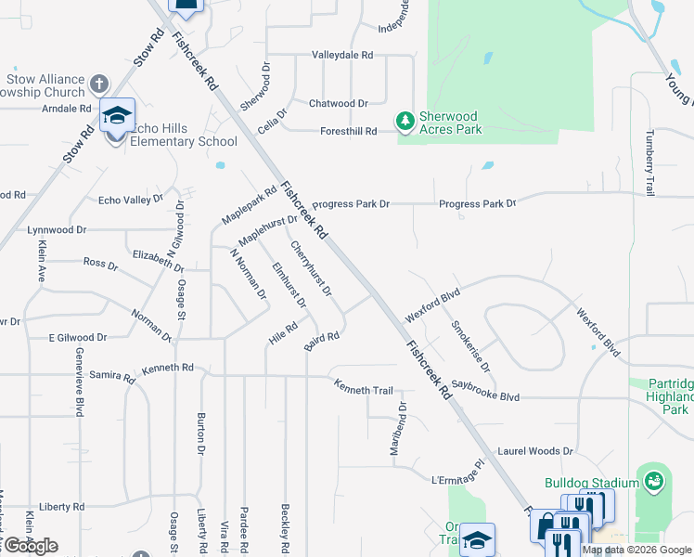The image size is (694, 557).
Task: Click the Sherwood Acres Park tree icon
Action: click(405, 121)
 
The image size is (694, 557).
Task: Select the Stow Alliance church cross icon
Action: click(99, 85)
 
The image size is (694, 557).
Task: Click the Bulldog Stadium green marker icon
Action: click(654, 482)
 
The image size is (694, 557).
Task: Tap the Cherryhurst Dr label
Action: click(311, 268)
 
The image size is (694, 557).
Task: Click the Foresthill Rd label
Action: click(344, 132)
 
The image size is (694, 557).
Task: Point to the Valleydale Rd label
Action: click(341, 56)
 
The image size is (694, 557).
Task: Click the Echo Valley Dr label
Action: click(130, 200)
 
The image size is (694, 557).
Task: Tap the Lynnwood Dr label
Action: click(57, 229)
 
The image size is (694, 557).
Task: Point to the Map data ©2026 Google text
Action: click(636, 550)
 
